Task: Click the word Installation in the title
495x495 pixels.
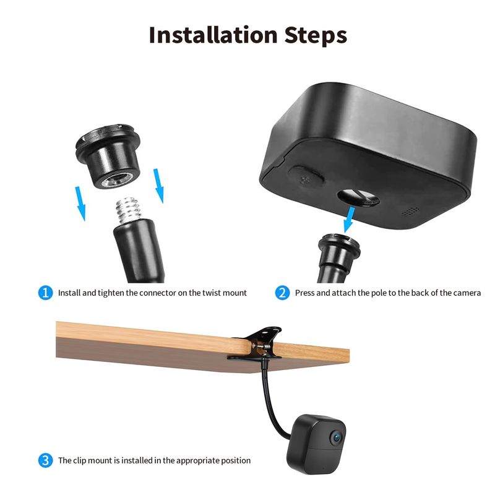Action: [x=213, y=35]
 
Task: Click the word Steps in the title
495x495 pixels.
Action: [x=316, y=36]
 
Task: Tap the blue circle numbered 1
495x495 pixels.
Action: [x=45, y=293]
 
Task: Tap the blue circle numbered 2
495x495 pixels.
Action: [x=282, y=293]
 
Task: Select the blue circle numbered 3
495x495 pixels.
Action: [x=45, y=460]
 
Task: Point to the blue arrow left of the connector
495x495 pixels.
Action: [x=80, y=204]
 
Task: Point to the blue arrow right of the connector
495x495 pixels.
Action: [x=159, y=186]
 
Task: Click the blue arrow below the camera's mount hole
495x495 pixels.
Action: [x=350, y=219]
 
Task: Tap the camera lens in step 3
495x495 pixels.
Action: [x=337, y=437]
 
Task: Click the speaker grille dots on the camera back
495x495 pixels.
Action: [x=411, y=211]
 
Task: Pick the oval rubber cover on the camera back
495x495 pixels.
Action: [x=306, y=176]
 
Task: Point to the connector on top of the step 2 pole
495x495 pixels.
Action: [x=339, y=249]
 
